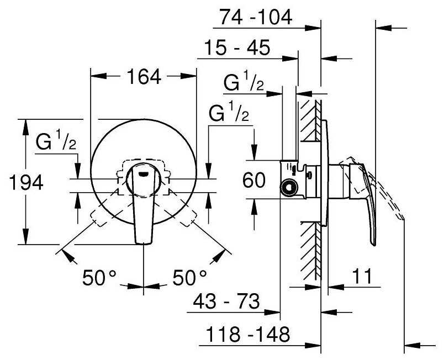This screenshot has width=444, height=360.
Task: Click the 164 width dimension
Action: (x=144, y=77)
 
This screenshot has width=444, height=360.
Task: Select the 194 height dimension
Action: (x=26, y=182)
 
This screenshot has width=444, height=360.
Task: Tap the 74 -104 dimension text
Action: (x=256, y=17)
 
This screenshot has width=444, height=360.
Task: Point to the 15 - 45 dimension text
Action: (x=237, y=47)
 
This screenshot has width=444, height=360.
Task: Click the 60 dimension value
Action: (x=254, y=180)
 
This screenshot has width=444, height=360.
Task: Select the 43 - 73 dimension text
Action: (x=226, y=301)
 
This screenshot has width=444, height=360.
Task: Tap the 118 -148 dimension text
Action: (x=248, y=334)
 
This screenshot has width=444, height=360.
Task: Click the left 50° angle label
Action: (x=99, y=278)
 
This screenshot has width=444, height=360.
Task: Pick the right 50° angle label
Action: (x=189, y=278)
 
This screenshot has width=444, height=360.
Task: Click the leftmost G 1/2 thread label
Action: (x=56, y=140)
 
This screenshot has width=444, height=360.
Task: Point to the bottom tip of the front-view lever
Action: (x=144, y=243)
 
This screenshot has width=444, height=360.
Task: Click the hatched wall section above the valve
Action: (x=311, y=120)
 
